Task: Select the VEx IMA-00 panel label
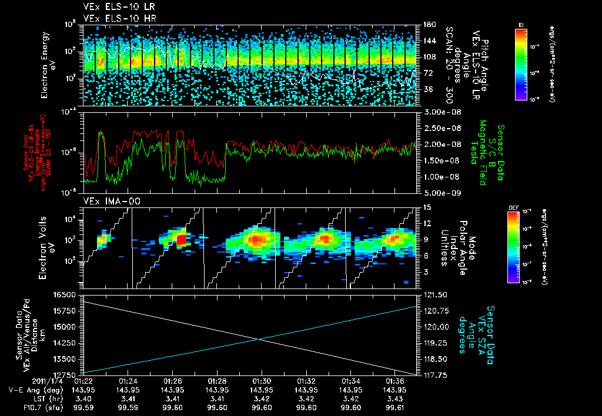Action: point(107,202)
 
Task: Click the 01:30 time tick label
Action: point(262,380)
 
